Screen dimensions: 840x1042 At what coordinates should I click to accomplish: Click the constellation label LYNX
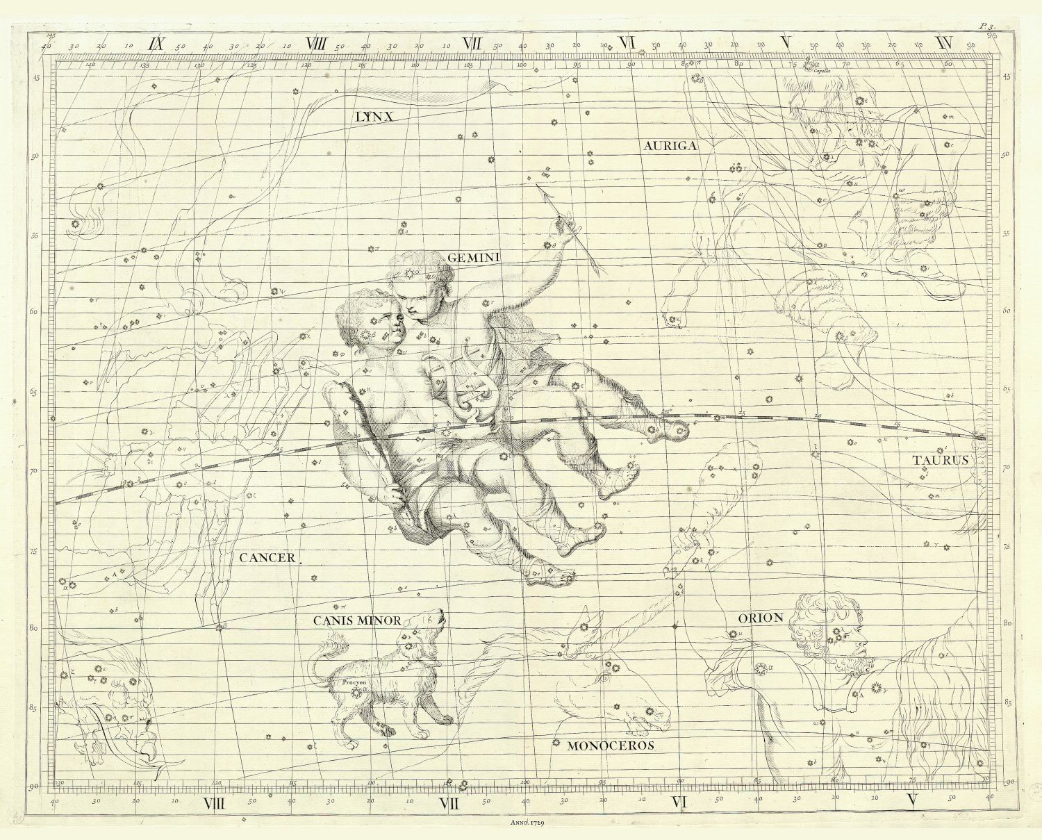(374, 116)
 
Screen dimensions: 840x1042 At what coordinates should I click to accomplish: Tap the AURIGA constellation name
(670, 146)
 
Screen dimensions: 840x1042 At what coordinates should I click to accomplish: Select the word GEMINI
(474, 258)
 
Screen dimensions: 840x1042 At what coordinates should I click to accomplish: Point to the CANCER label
(267, 557)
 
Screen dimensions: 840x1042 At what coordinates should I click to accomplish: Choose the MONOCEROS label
(611, 746)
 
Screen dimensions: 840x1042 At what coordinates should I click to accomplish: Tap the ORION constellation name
(761, 618)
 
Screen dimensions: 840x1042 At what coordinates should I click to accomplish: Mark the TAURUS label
(940, 460)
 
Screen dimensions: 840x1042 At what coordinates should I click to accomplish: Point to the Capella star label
(831, 70)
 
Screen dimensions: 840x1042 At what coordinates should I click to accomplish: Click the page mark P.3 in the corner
(986, 26)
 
